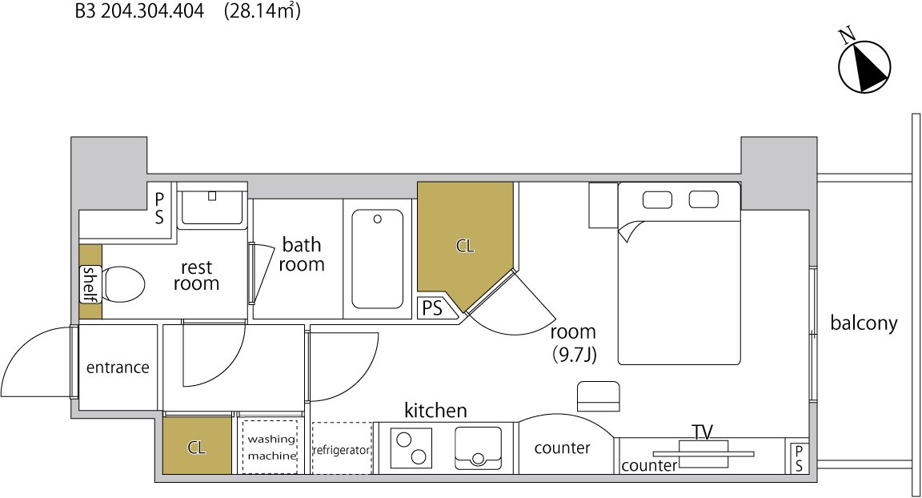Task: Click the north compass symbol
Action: point(864,66)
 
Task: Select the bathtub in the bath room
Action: point(378,259)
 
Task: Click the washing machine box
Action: point(271,448)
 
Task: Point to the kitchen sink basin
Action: point(478,448)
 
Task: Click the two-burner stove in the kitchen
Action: point(411,448)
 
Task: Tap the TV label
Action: point(703,432)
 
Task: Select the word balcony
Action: point(864,323)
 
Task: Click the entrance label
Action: point(118,367)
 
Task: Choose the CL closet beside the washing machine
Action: point(197,445)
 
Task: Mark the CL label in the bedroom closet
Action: point(464,246)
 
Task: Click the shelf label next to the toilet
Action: point(89,284)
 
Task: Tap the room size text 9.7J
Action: point(573,355)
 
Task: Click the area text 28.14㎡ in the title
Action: point(263,11)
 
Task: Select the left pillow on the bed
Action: point(657,200)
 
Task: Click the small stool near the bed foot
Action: point(599,396)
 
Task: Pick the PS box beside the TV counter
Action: point(799,458)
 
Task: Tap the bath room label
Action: point(302,254)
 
